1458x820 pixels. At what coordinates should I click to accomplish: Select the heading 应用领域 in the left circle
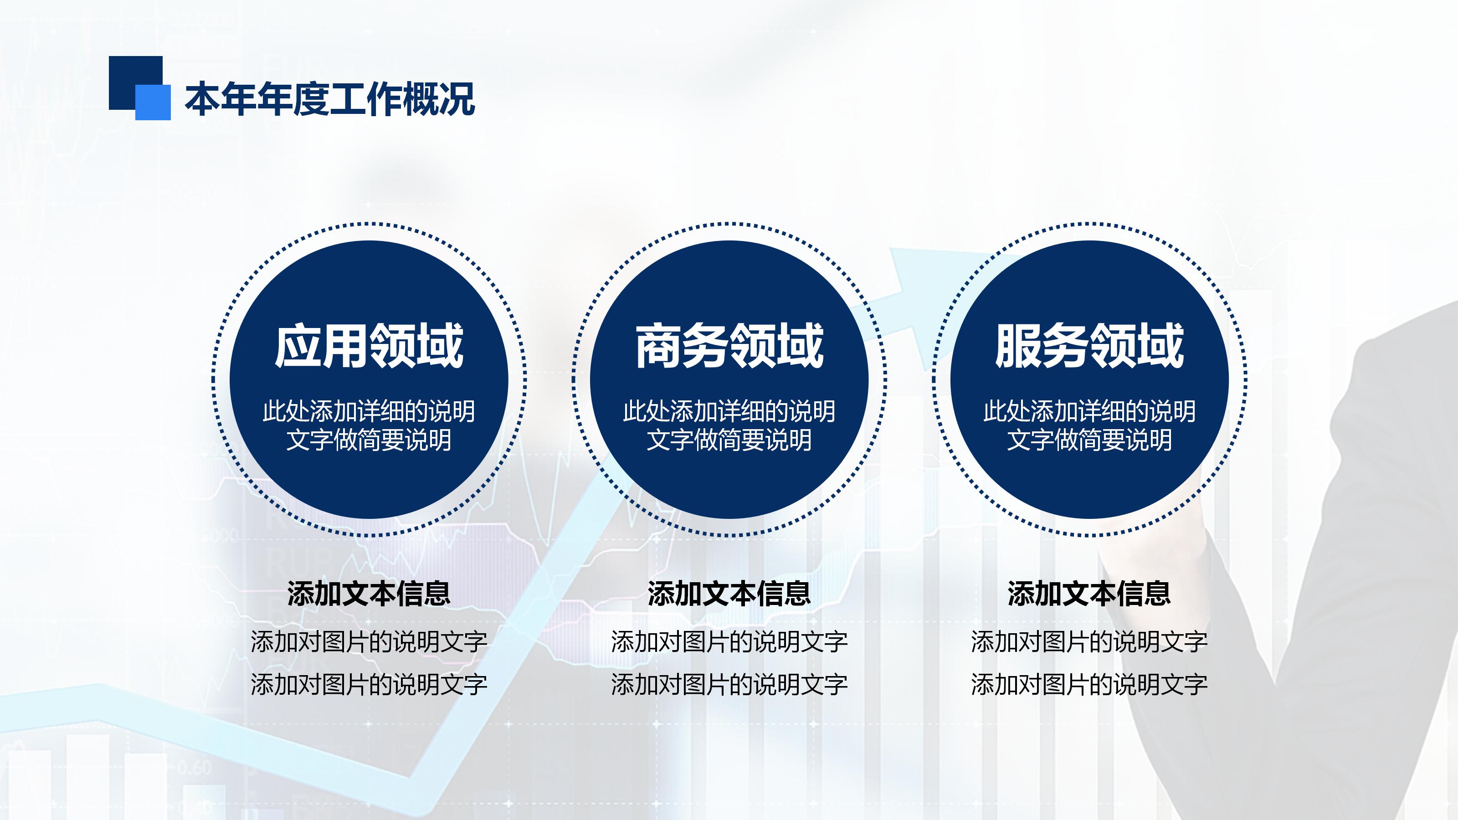(369, 346)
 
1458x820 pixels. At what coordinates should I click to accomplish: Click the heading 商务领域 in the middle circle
(729, 346)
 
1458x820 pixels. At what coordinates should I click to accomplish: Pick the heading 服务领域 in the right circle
(1089, 346)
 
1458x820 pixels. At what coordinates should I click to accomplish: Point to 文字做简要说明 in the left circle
(369, 440)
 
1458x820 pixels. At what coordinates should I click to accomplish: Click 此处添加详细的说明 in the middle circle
(729, 411)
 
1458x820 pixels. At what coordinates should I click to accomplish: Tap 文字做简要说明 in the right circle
(1089, 440)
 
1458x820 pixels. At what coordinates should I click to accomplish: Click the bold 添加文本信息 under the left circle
(369, 594)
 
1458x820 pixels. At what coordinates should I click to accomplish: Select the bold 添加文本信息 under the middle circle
(729, 594)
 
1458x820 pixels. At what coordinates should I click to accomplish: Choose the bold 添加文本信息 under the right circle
(1089, 594)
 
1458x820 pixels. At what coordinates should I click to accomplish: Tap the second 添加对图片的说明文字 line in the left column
(369, 685)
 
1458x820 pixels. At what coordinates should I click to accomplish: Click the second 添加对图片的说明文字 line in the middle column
(729, 685)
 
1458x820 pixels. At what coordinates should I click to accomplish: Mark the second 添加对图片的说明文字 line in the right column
(1089, 685)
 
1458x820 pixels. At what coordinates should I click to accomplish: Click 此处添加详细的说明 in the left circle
(369, 411)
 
